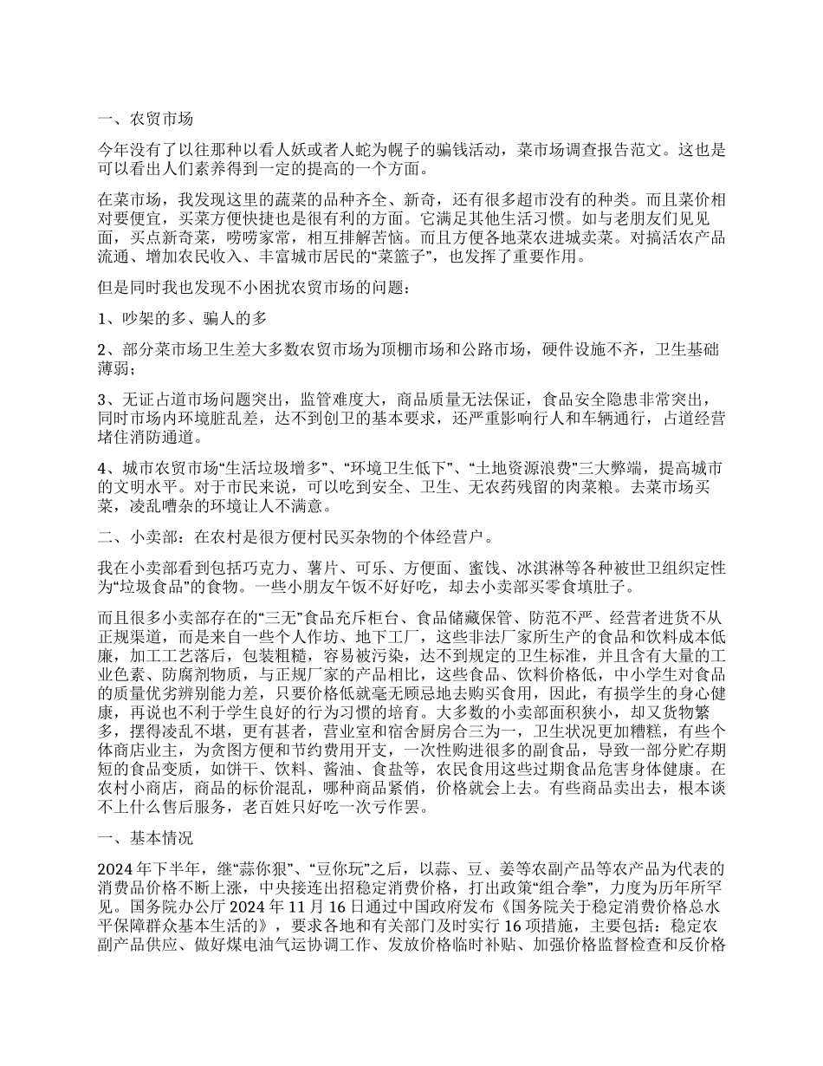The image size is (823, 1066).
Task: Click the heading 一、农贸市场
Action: (144, 120)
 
